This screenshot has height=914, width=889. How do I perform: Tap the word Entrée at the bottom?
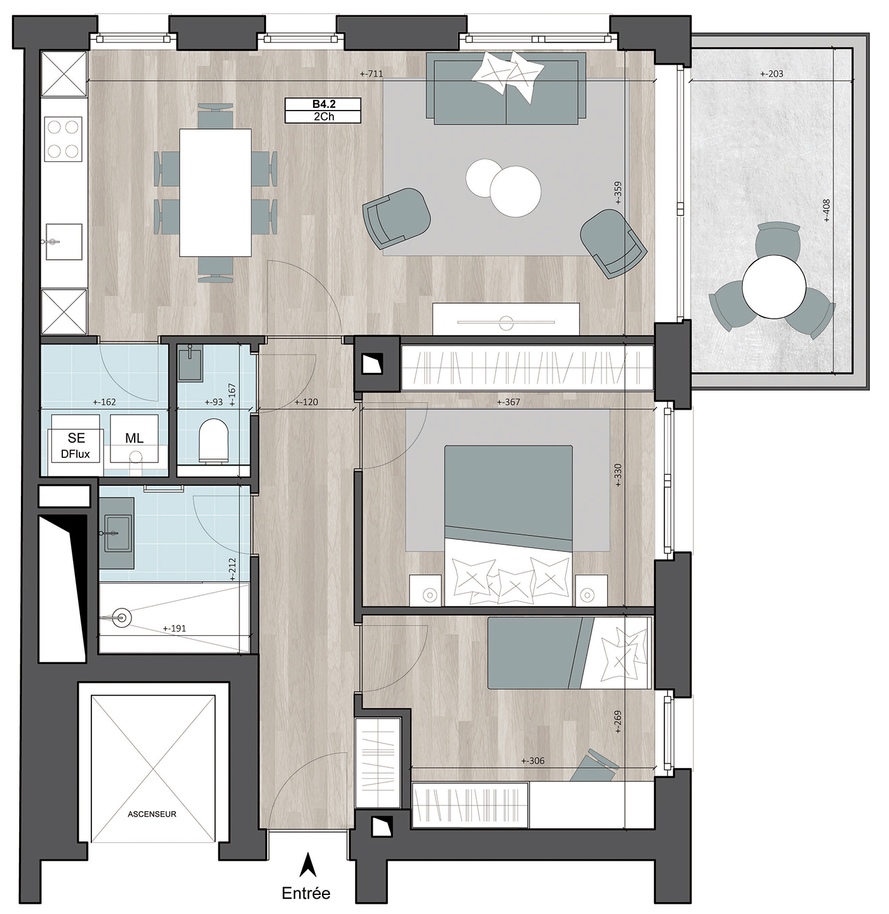point(305,893)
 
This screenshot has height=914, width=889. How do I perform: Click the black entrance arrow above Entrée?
point(307,864)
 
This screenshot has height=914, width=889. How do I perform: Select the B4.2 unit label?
point(324,104)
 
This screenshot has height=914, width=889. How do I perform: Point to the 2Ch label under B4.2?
point(324,116)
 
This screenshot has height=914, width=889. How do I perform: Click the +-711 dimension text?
point(371,74)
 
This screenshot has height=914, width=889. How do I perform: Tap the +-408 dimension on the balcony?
point(827,210)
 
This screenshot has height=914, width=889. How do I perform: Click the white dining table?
point(215,192)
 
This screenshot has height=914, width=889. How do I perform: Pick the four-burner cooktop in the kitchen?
point(63,139)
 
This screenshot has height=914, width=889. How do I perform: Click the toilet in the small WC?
point(213,441)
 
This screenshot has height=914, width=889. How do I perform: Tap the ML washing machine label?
point(135,438)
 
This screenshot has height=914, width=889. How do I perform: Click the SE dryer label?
point(76,438)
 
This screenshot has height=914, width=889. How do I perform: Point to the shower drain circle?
point(123,617)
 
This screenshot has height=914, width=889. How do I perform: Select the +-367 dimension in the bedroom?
point(509,402)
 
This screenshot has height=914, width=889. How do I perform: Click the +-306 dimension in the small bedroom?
point(533,760)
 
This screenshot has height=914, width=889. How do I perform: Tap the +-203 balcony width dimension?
point(772,74)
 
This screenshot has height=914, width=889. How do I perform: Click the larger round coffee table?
point(515,191)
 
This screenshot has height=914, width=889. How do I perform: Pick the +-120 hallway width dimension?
point(306,402)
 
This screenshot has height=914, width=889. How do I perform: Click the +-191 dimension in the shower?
point(174,628)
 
